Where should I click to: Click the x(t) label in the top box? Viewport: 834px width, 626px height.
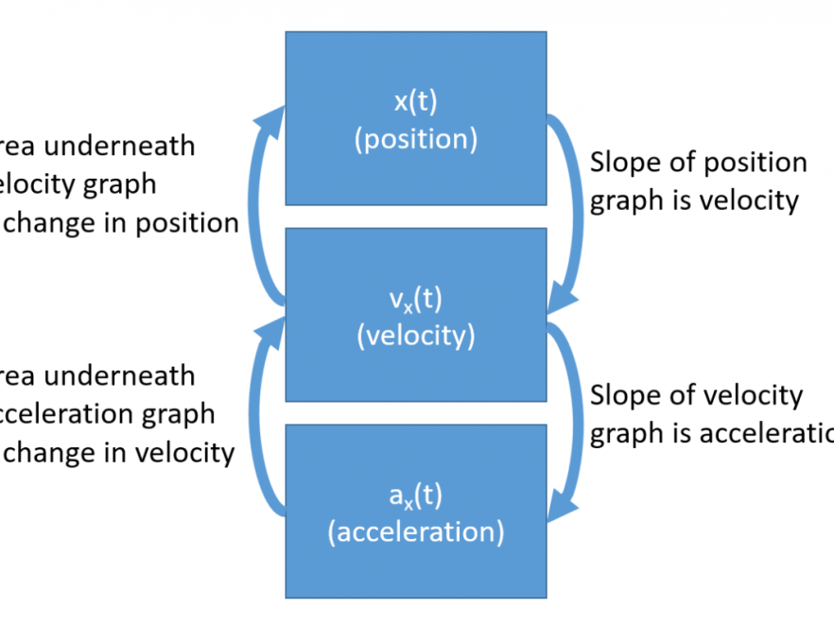[x=416, y=102]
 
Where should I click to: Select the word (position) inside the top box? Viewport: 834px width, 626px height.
[x=416, y=139]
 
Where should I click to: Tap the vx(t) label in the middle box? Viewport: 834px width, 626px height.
[x=416, y=300]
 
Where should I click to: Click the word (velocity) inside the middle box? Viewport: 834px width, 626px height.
[x=416, y=336]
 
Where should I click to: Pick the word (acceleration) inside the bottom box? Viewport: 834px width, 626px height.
[x=416, y=531]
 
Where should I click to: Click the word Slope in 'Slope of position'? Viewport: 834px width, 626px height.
[x=621, y=163]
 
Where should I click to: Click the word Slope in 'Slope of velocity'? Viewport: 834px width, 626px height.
[x=621, y=395]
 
